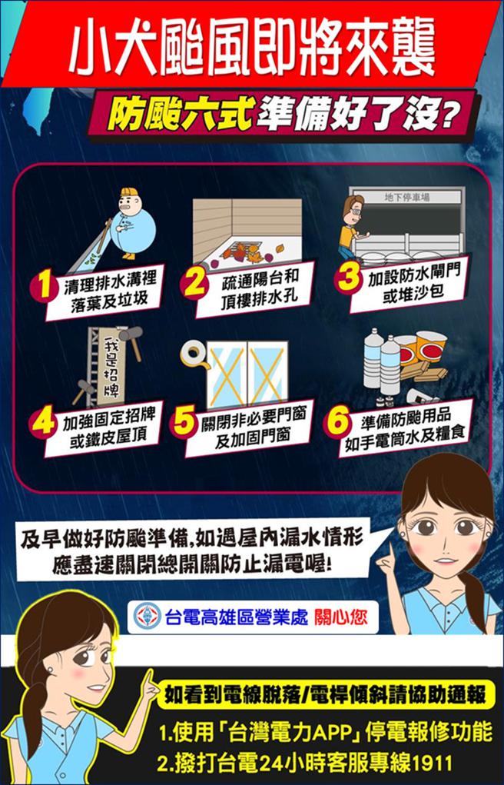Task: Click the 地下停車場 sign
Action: click(x=406, y=198)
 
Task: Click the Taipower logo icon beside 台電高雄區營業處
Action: click(x=147, y=616)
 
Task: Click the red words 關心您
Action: click(x=342, y=617)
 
